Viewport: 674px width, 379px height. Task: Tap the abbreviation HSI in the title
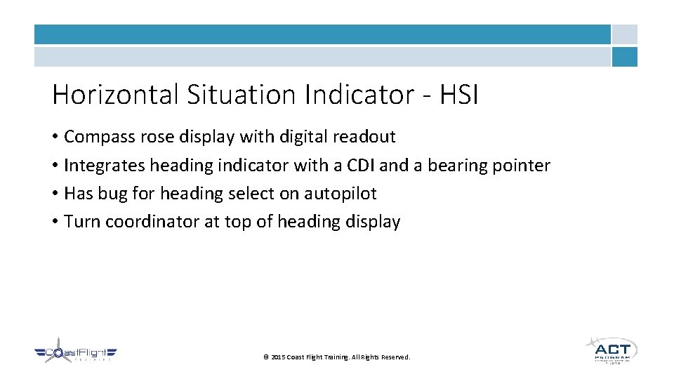[459, 94]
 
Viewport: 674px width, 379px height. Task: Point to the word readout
[364, 137]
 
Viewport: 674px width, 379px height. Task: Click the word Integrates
[104, 166]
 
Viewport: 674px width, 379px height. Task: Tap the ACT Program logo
[611, 349]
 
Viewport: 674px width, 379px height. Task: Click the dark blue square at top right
[624, 57]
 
